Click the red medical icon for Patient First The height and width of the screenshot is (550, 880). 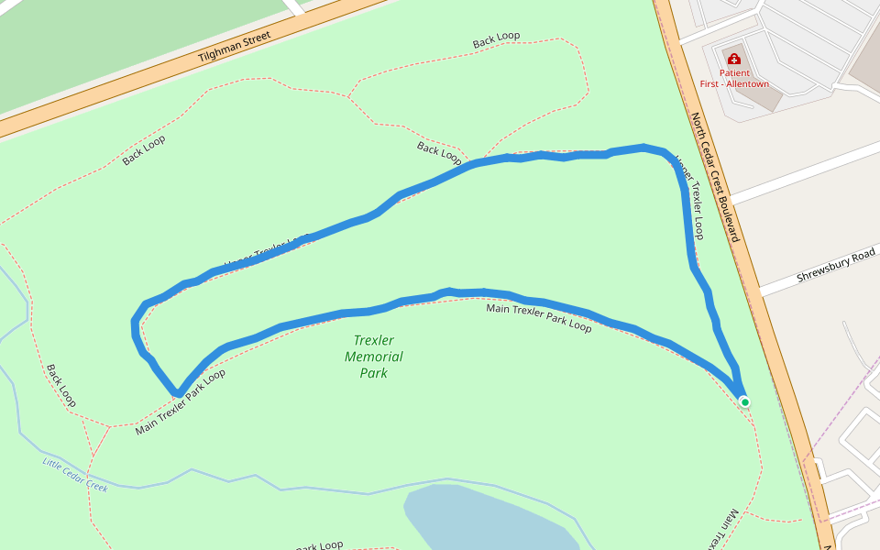[x=733, y=58]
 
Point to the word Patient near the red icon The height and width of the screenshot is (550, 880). [x=733, y=73]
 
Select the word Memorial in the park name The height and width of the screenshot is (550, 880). [x=373, y=357]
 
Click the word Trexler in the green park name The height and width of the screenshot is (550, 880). [x=374, y=340]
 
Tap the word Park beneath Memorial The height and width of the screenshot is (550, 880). [x=373, y=373]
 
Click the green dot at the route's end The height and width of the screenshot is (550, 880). [x=744, y=401]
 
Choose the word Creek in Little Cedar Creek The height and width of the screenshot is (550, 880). [x=96, y=487]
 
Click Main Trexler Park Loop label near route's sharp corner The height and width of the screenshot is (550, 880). [x=181, y=402]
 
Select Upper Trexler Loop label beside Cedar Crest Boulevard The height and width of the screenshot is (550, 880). [x=690, y=198]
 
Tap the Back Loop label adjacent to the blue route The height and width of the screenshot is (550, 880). [x=439, y=152]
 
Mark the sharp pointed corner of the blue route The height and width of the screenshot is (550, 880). [x=177, y=393]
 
